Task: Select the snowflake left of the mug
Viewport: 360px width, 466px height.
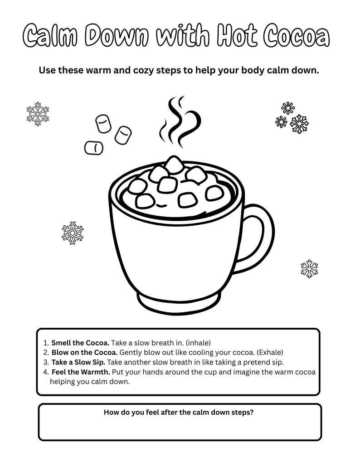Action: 73,233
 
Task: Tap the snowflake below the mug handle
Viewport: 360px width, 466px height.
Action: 309,269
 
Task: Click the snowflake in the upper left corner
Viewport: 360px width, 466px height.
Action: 38,114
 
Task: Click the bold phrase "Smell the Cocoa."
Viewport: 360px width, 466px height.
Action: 80,343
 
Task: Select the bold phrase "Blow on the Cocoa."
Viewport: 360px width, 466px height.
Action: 84,352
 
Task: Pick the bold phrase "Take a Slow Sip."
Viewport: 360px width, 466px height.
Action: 78,362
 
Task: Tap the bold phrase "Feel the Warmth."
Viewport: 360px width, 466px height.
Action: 81,372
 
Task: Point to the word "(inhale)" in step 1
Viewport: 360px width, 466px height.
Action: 198,343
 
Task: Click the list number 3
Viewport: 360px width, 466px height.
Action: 46,362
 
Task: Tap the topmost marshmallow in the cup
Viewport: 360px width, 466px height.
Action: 174,164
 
